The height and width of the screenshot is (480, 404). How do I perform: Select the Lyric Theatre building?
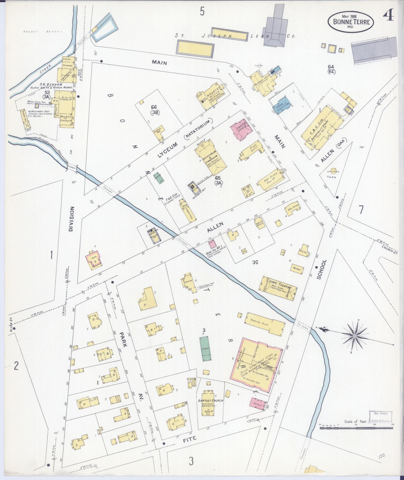pos(279,288)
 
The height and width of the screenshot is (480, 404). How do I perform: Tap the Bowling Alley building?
pos(266,323)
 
